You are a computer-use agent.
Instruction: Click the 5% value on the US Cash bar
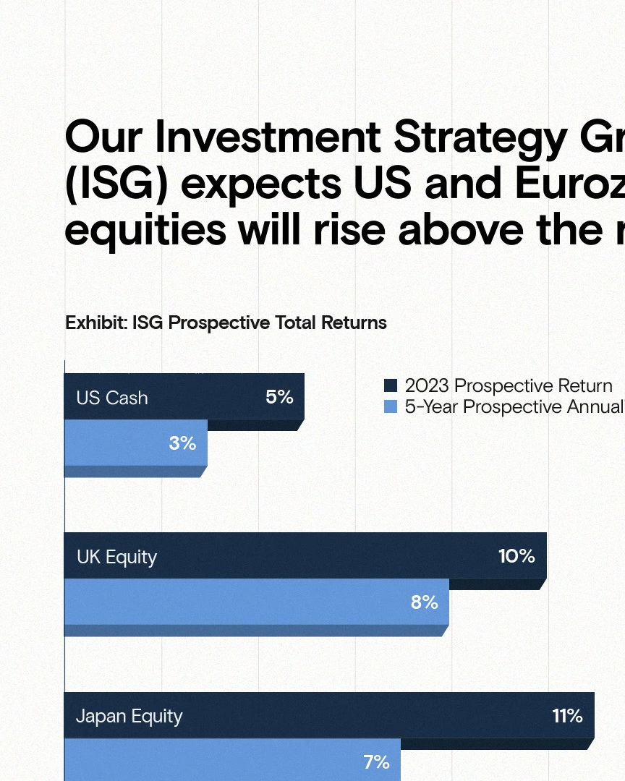pos(279,397)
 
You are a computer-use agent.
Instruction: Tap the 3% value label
pos(182,443)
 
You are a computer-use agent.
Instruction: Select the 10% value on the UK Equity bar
pos(516,556)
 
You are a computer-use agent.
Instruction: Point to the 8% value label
pos(424,602)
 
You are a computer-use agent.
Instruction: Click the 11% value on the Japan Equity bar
pos(567,716)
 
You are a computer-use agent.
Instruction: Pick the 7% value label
pos(376,762)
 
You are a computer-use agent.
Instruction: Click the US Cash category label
pos(112,398)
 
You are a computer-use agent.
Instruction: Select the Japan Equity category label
pos(129,717)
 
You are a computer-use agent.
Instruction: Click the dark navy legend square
pos(391,385)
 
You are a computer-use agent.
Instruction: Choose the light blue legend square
pos(391,406)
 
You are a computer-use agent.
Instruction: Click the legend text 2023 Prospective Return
pos(509,386)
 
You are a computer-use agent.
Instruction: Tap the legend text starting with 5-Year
pos(515,407)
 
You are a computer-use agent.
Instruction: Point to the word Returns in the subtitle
pos(354,323)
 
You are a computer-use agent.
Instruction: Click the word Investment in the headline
pos(268,137)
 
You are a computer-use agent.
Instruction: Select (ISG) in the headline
pos(116,184)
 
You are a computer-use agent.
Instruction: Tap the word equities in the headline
pos(145,230)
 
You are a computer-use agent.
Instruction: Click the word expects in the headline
pos(261,185)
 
